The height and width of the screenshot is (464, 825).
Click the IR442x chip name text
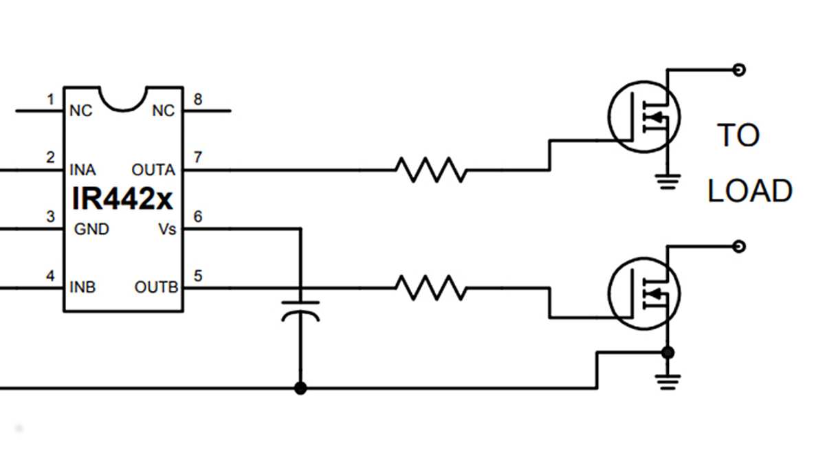(x=123, y=199)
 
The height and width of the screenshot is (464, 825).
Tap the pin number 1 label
(x=50, y=100)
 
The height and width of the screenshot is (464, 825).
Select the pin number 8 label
(x=198, y=100)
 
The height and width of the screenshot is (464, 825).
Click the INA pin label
(x=82, y=170)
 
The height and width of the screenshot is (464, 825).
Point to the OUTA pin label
(x=153, y=170)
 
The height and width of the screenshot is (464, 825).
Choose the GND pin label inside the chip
(x=91, y=229)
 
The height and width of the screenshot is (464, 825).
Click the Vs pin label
(x=166, y=229)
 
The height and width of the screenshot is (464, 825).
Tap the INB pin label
(x=82, y=287)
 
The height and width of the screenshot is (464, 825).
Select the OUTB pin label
(x=156, y=287)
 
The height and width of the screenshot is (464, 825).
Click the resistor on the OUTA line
(x=430, y=170)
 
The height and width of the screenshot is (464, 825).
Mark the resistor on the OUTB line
(x=430, y=288)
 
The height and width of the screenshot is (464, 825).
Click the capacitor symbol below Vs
(x=300, y=310)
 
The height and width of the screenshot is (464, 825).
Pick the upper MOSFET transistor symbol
(x=643, y=117)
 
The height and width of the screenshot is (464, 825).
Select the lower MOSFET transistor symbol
(x=643, y=294)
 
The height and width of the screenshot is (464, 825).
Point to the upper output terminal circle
(x=739, y=69)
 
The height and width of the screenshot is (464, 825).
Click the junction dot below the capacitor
(x=300, y=388)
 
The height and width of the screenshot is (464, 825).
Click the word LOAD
(x=749, y=191)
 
